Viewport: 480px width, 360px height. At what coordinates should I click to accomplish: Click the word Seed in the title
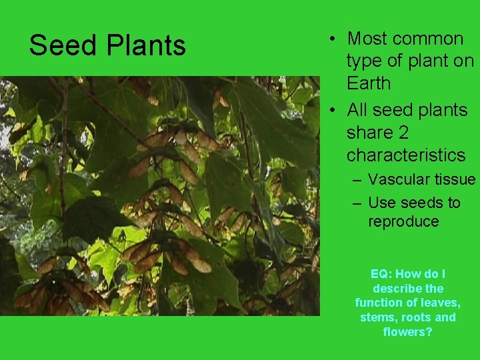56,46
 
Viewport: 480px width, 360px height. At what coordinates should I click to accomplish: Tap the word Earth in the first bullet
369,83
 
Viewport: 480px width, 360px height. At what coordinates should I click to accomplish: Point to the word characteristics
405,155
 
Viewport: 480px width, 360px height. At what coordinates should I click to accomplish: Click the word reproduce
403,221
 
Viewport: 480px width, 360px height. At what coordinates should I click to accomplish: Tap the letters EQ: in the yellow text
383,274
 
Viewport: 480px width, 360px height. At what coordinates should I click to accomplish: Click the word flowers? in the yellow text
407,331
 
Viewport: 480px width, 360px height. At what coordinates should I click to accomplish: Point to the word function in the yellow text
379,303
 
